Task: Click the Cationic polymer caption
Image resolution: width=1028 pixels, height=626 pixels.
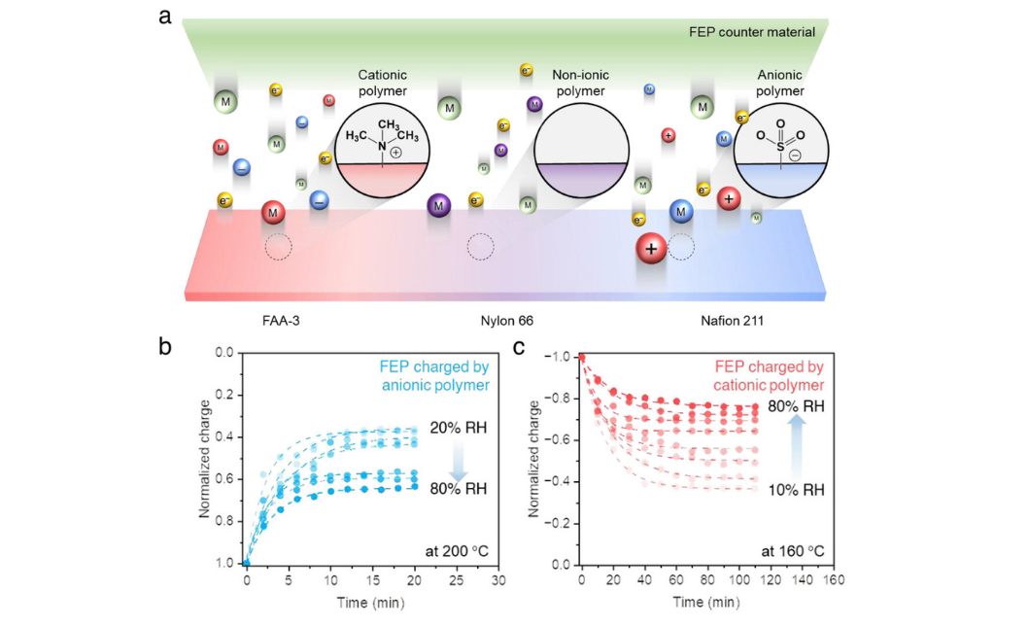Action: [382, 83]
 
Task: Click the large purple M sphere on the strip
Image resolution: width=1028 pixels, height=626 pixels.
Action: [439, 205]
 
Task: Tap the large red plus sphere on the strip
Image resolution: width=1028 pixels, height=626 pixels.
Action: [651, 250]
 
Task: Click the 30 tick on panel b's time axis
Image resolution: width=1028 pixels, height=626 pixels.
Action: [498, 580]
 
